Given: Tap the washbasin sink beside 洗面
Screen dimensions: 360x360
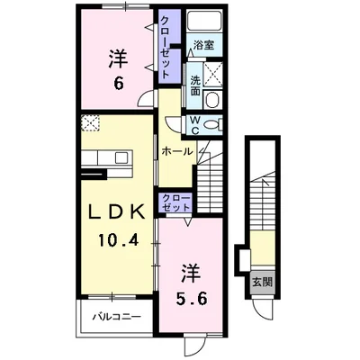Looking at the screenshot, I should [x=213, y=100].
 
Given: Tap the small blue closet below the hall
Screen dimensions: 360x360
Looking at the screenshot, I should [x=174, y=202].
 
